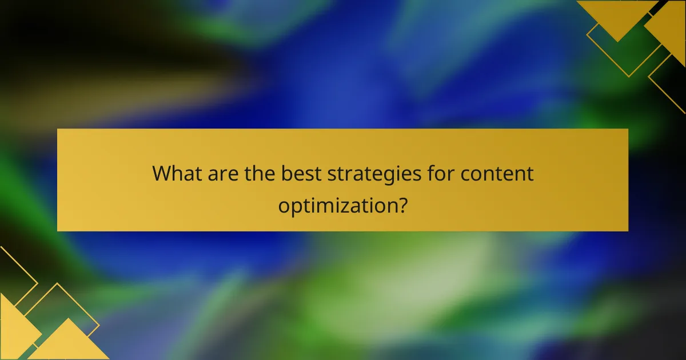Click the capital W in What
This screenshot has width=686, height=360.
[x=162, y=174]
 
